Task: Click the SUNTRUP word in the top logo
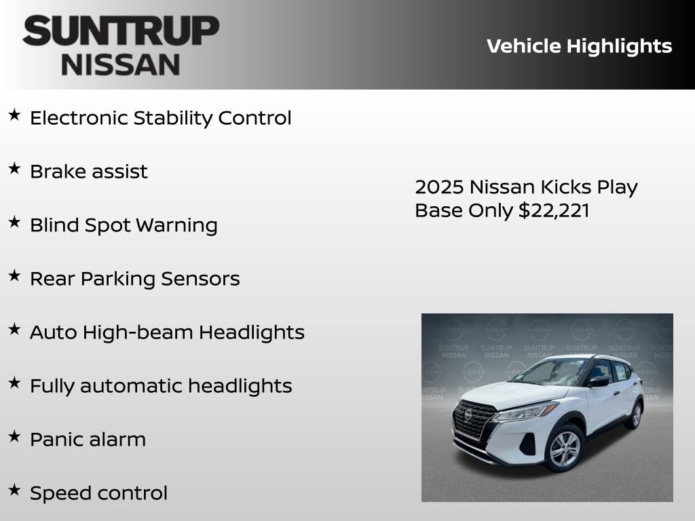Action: (121, 31)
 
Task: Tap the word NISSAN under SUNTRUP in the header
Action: (121, 64)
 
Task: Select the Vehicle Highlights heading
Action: (579, 46)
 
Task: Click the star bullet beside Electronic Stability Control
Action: (14, 115)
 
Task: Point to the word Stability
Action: (173, 118)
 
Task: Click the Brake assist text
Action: (88, 172)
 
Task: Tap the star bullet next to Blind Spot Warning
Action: (14, 223)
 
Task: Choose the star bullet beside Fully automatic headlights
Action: (14, 383)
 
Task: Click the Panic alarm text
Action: (88, 440)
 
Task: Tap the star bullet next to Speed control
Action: (14, 490)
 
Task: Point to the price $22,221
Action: (554, 210)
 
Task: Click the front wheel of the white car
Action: (565, 448)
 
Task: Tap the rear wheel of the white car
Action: (635, 414)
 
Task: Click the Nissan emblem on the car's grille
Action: (468, 414)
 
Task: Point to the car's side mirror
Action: (599, 381)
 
